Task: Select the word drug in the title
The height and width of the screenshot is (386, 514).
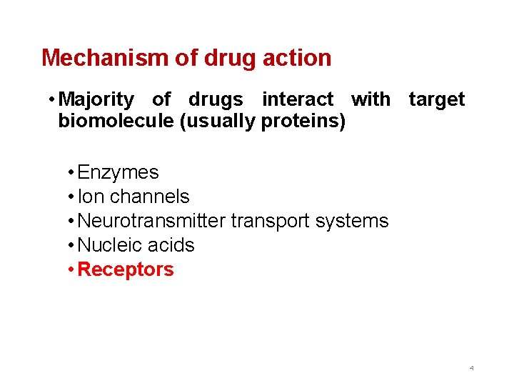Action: [227, 58]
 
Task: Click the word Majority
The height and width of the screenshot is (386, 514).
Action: [96, 100]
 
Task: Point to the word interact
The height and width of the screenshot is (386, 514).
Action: [298, 100]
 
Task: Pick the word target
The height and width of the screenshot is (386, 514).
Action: [437, 100]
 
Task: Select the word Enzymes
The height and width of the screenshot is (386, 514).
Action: [118, 172]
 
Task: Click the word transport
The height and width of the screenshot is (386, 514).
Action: [270, 222]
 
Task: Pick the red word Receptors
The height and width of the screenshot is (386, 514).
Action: [126, 269]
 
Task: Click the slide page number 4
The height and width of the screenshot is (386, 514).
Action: [471, 367]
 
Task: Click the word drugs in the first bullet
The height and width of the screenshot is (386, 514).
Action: [216, 100]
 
